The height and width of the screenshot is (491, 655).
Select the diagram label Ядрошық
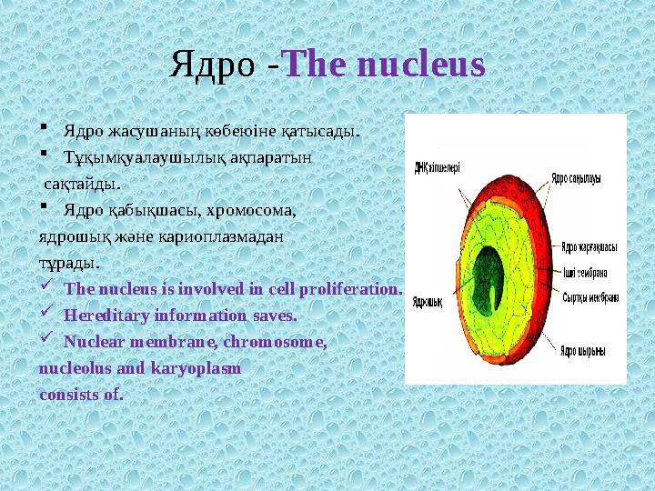click(x=427, y=303)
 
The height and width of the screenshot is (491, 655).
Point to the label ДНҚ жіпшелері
click(x=438, y=167)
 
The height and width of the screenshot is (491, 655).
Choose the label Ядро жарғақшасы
click(x=589, y=246)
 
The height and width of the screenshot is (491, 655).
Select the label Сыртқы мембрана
click(x=590, y=296)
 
